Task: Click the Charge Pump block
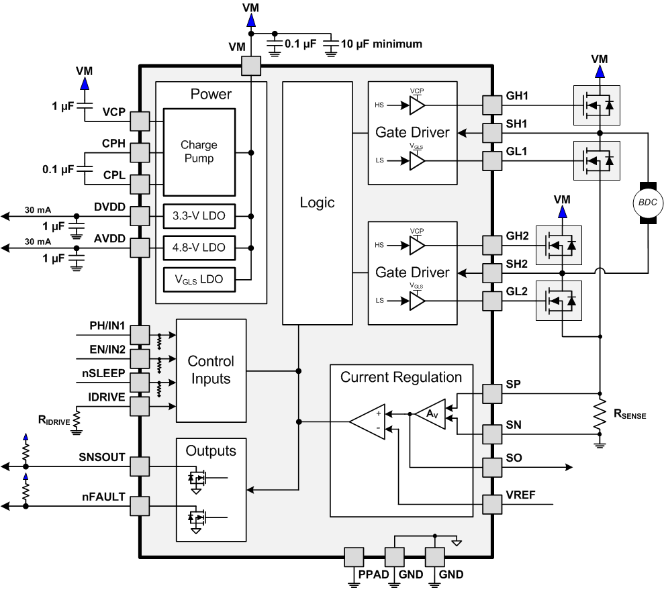[x=199, y=152]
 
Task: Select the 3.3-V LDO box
[x=199, y=216]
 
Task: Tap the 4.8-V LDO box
[x=199, y=248]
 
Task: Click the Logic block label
[x=317, y=203]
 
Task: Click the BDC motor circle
[x=648, y=202]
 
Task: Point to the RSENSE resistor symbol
[x=600, y=416]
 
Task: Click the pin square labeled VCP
[x=139, y=121]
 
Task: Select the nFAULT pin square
[x=139, y=505]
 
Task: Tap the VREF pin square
[x=492, y=503]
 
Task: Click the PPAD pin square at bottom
[x=353, y=557]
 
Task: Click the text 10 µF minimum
[x=382, y=44]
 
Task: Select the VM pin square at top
[x=250, y=66]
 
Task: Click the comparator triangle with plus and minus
[x=369, y=421]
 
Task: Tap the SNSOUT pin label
[x=102, y=458]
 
